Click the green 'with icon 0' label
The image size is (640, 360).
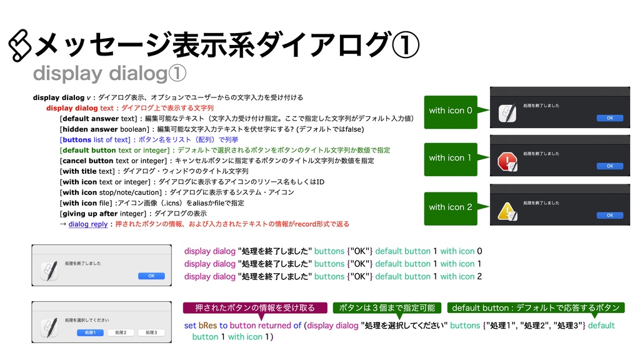point(451,111)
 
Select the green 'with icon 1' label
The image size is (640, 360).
point(451,158)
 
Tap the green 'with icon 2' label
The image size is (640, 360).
point(451,207)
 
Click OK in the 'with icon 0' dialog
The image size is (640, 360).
point(610,117)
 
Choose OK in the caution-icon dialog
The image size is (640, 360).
point(610,215)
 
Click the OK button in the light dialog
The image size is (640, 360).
point(151,276)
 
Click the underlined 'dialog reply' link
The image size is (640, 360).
point(88,224)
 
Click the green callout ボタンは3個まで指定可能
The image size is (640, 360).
point(387,307)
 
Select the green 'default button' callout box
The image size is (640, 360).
point(536,307)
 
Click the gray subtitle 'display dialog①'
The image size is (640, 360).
point(109,74)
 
